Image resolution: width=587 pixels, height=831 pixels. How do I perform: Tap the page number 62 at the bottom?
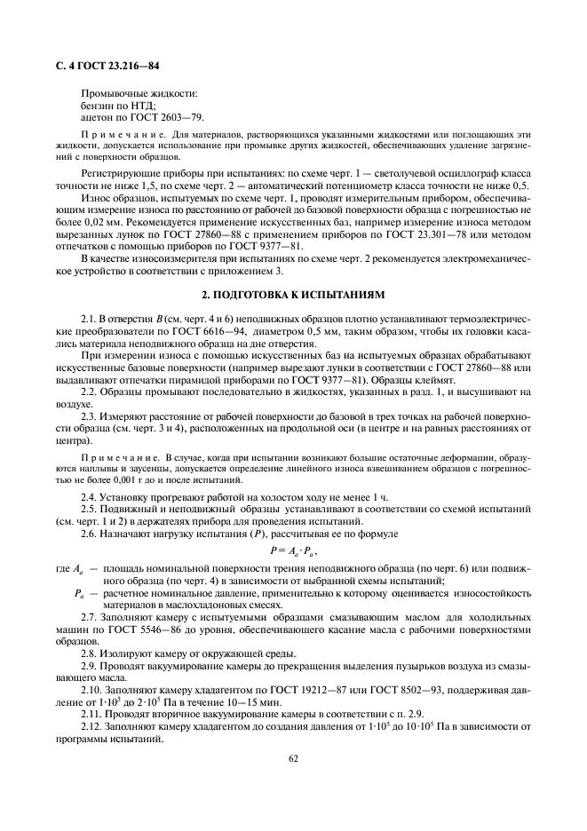[293, 758]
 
